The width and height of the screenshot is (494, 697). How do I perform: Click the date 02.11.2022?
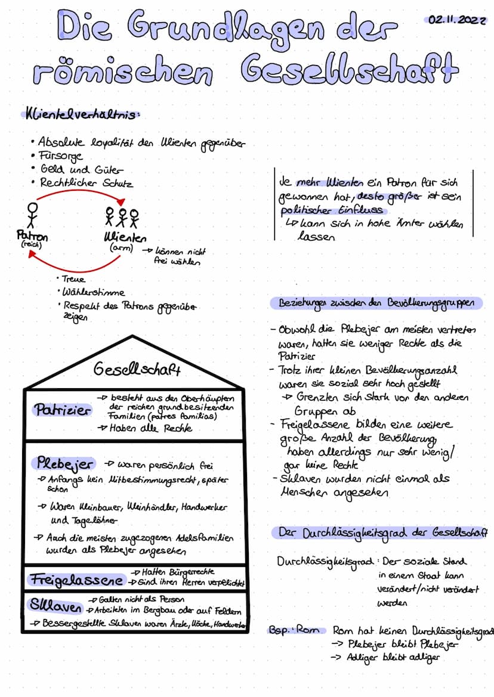tap(457, 20)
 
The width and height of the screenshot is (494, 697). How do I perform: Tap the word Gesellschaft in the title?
tap(352, 72)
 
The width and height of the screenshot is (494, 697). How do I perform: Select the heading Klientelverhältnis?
tap(82, 114)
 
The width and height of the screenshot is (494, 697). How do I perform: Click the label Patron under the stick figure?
tap(32, 237)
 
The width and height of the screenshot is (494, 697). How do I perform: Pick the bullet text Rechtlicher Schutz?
tap(87, 183)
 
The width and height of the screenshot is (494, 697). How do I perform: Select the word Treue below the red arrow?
tap(74, 279)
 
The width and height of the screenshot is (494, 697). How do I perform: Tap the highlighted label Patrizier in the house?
tap(63, 410)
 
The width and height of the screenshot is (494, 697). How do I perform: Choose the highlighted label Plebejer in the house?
tap(65, 463)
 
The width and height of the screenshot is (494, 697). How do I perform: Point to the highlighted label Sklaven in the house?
tap(55, 606)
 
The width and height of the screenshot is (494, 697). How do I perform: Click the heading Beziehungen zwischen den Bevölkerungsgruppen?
tap(379, 303)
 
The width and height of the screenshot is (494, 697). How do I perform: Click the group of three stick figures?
tap(122, 218)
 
